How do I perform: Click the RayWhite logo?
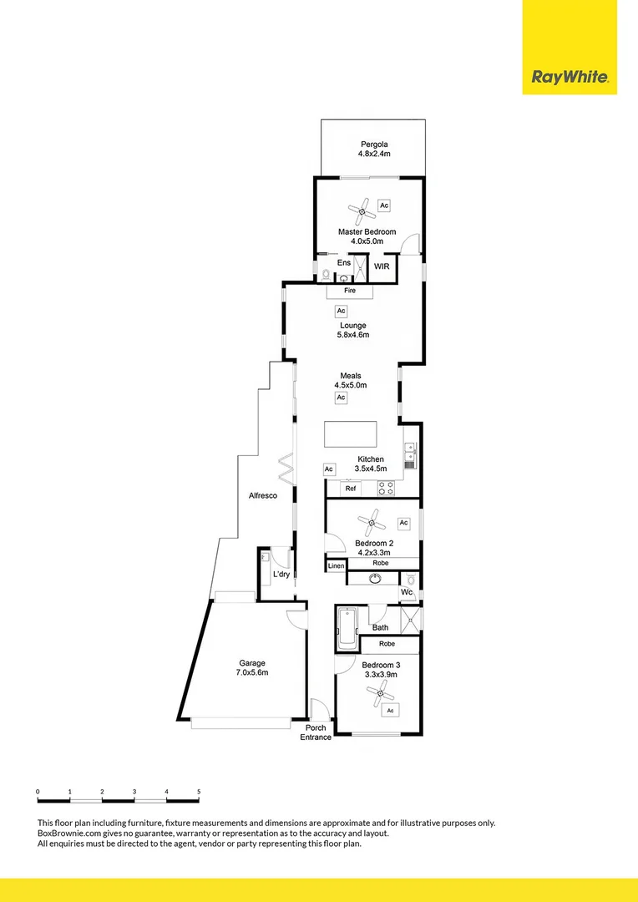pyautogui.click(x=570, y=78)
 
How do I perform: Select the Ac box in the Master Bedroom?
pyautogui.click(x=384, y=205)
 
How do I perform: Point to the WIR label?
pyautogui.click(x=382, y=266)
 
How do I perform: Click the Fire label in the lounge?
pyautogui.click(x=350, y=291)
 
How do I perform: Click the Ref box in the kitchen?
pyautogui.click(x=351, y=489)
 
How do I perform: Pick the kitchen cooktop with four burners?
pyautogui.click(x=386, y=489)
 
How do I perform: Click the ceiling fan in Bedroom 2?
pyautogui.click(x=372, y=523)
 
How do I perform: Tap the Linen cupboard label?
pyautogui.click(x=336, y=566)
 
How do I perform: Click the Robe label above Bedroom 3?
pyautogui.click(x=387, y=645)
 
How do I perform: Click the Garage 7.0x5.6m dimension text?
pyautogui.click(x=251, y=672)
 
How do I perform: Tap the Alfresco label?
pyautogui.click(x=262, y=496)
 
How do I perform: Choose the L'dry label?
pyautogui.click(x=281, y=575)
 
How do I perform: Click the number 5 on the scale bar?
pyautogui.click(x=198, y=790)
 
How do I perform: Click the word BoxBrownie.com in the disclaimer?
pyautogui.click(x=69, y=833)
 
